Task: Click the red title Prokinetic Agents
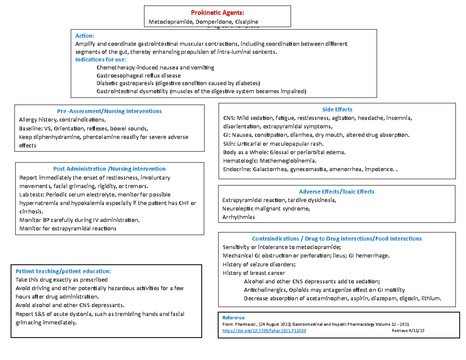pyautogui.click(x=217, y=14)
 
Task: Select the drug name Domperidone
pyautogui.click(x=214, y=22)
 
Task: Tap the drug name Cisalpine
pyautogui.click(x=245, y=22)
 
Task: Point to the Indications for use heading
pyautogui.click(x=101, y=60)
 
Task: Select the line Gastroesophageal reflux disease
pyautogui.click(x=138, y=75)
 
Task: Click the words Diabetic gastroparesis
pyautogui.click(x=125, y=83)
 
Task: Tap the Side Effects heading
pyautogui.click(x=337, y=110)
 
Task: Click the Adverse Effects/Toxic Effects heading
pyautogui.click(x=337, y=191)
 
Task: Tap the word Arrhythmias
pyautogui.click(x=238, y=217)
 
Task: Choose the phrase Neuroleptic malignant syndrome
pyautogui.click(x=266, y=209)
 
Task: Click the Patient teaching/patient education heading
pyautogui.click(x=63, y=271)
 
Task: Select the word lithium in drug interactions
pyautogui.click(x=431, y=299)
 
